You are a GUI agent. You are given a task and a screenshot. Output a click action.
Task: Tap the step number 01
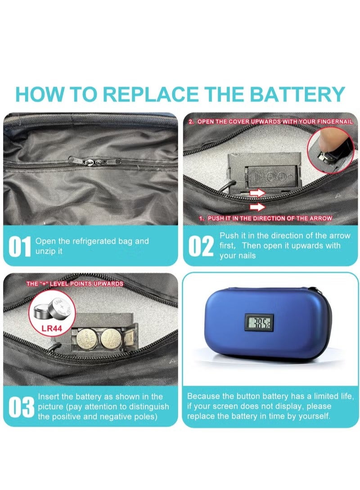pyautogui.click(x=20, y=246)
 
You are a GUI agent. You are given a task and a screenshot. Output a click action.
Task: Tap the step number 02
pyautogui.click(x=201, y=246)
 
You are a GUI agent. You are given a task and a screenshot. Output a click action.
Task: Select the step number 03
pyautogui.click(x=21, y=407)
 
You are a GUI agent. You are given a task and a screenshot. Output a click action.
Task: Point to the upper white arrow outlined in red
pyautogui.click(x=257, y=192)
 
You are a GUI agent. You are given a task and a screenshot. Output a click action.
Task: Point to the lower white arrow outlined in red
pyautogui.click(x=257, y=206)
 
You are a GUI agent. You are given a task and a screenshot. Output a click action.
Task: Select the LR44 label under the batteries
pyautogui.click(x=52, y=329)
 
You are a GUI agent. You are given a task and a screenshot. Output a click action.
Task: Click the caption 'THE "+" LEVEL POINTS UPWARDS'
pyautogui.click(x=75, y=284)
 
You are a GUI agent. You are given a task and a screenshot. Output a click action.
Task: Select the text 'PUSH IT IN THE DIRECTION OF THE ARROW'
pyautogui.click(x=266, y=218)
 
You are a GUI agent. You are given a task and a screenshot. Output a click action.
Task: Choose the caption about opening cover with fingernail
pyautogui.click(x=271, y=121)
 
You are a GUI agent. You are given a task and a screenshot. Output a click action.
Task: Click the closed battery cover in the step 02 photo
pyautogui.click(x=271, y=177)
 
